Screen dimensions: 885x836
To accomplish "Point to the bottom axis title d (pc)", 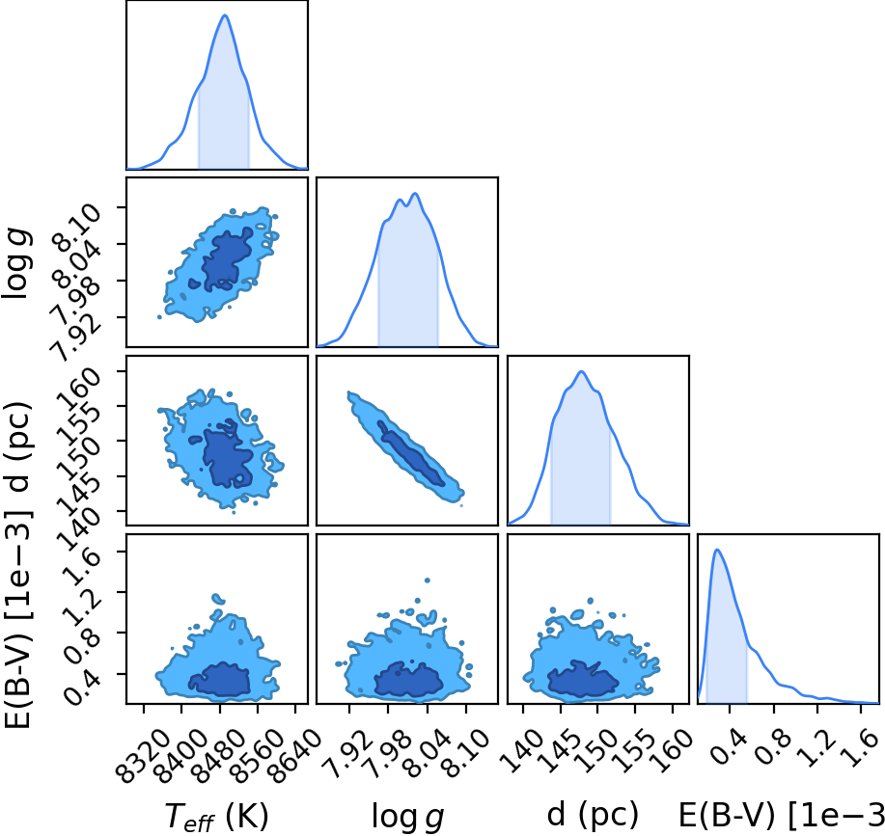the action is [x=593, y=815].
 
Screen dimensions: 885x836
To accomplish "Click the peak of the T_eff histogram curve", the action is [x=225, y=15].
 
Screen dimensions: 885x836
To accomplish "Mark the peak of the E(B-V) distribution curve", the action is [x=717, y=550].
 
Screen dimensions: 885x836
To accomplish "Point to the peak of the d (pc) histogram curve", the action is [x=581, y=371].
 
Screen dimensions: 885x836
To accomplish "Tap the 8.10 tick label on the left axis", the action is [x=78, y=225].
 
